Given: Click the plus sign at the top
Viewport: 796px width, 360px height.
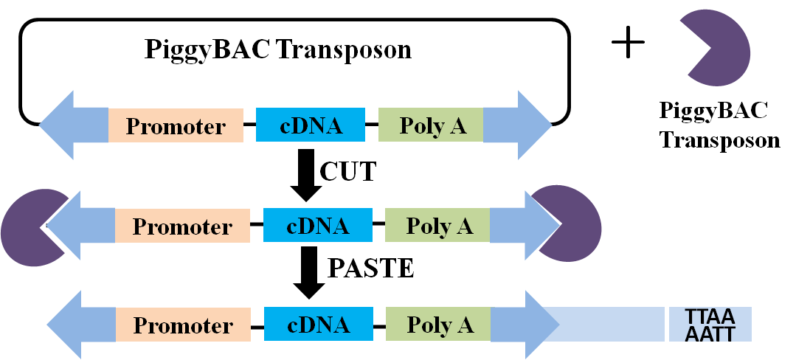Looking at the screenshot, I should (x=629, y=44).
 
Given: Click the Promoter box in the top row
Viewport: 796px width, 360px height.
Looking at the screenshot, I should (x=176, y=125).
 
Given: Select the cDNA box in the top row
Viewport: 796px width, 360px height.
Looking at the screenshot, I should (x=311, y=125).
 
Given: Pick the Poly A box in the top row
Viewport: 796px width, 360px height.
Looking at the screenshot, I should (x=432, y=125).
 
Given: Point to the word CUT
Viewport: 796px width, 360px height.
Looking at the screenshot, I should (x=347, y=172).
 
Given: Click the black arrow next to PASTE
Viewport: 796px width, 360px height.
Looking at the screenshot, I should (x=306, y=272).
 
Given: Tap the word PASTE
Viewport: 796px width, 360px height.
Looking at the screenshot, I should (x=370, y=269).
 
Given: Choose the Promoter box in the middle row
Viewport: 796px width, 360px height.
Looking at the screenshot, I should (x=182, y=226).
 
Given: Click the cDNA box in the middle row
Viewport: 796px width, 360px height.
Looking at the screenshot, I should (x=317, y=225).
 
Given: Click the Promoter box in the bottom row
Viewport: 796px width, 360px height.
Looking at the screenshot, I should (x=182, y=325).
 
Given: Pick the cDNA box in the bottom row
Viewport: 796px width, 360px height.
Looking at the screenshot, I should (x=317, y=325).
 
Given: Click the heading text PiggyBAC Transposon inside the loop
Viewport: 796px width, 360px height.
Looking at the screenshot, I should (x=278, y=50).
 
